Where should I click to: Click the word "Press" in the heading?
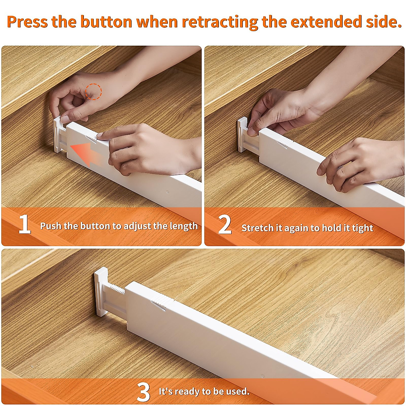click(x=27, y=22)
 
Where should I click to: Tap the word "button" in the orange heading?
click(x=106, y=22)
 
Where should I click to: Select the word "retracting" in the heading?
click(x=220, y=22)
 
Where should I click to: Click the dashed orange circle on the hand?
click(x=93, y=91)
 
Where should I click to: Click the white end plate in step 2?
click(x=242, y=135)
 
